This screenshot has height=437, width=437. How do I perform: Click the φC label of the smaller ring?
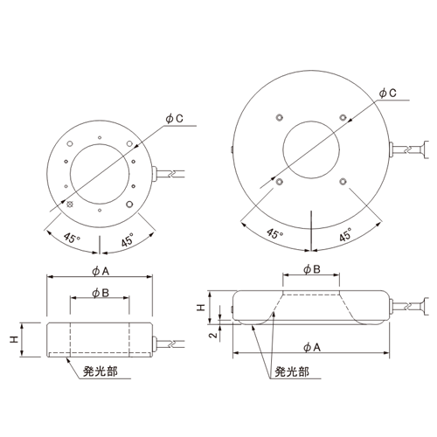174,119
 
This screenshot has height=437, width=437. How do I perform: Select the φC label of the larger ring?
387,93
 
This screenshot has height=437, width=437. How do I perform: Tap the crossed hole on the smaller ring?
70,205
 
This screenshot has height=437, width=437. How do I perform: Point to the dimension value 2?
214,335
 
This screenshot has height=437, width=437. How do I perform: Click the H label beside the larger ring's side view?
201,308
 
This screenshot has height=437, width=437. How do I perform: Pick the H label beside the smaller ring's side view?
14,339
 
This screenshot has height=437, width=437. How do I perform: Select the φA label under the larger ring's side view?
312,347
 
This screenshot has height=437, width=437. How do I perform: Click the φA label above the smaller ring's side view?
101,271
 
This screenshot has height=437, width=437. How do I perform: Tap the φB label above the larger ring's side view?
312,269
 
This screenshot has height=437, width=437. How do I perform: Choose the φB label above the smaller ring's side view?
101,293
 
